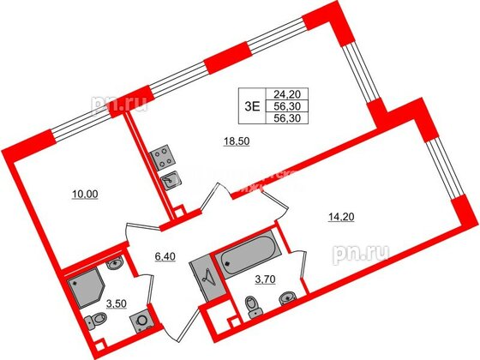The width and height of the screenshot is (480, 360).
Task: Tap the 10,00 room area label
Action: coord(85,195)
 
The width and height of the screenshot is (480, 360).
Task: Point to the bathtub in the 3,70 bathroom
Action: coord(243,262)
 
